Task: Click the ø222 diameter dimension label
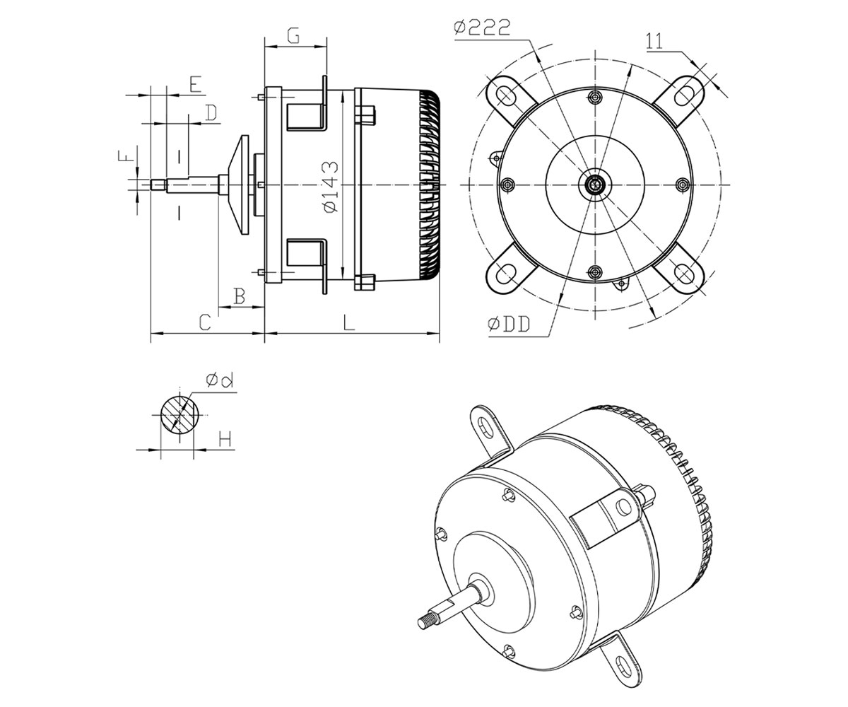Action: [482, 28]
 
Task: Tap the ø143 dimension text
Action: [330, 187]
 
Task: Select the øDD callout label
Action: [509, 325]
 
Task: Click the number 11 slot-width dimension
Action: [654, 41]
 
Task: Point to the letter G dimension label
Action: [294, 35]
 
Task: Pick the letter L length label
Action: [349, 322]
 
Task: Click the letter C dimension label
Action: [205, 322]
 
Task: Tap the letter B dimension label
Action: [240, 296]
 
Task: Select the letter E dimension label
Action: [196, 85]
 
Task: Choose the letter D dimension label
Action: [211, 112]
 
